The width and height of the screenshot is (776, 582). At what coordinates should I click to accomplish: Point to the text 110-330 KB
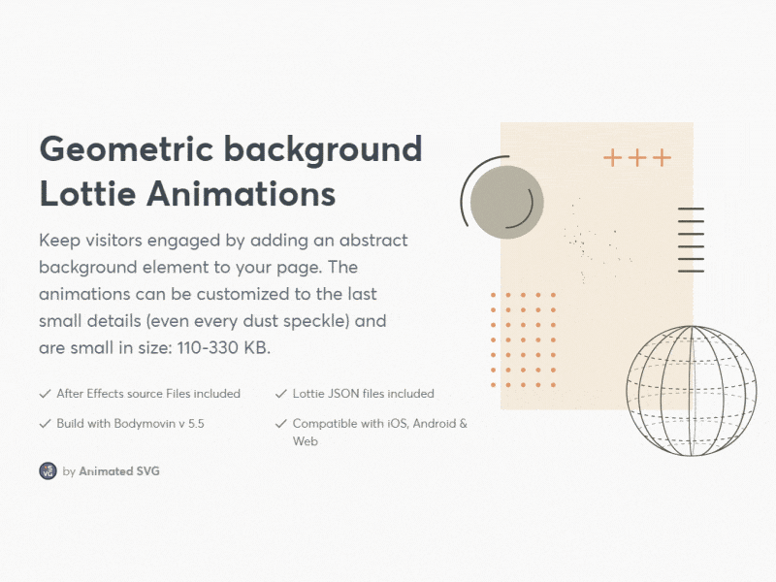click(x=233, y=346)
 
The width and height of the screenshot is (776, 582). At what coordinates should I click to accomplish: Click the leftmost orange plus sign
click(x=613, y=158)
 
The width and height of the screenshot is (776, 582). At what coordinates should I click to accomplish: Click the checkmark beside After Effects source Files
click(x=45, y=394)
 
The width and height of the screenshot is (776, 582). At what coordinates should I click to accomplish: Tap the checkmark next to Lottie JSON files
click(x=281, y=394)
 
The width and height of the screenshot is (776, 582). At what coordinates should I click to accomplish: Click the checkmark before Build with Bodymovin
click(x=45, y=424)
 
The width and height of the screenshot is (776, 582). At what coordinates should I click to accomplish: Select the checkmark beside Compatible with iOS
click(x=281, y=424)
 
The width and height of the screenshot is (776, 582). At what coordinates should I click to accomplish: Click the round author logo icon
click(x=48, y=470)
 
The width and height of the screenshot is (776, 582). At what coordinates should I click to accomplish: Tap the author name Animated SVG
click(x=119, y=471)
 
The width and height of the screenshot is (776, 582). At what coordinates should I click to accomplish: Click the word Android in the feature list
click(x=433, y=424)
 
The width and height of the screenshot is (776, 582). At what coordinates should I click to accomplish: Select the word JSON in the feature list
click(x=343, y=394)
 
